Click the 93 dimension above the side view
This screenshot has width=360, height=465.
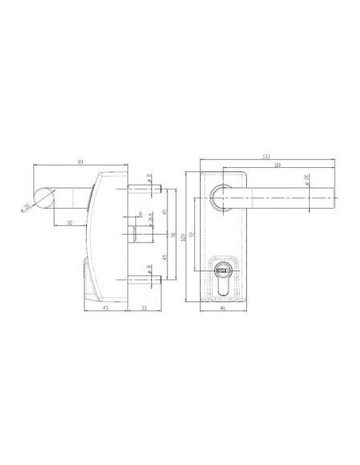click(80, 162)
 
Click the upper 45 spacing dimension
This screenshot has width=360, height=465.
click(164, 212)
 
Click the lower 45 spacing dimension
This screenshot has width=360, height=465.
click(164, 256)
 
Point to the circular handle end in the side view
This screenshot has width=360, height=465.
click(45, 197)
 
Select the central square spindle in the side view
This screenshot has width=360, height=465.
click(137, 234)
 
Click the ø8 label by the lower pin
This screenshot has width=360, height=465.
click(150, 267)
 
